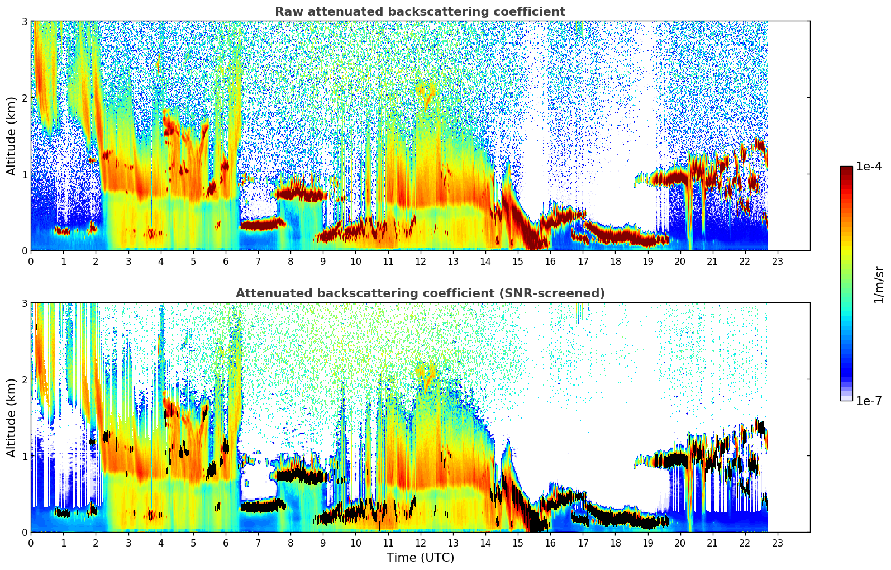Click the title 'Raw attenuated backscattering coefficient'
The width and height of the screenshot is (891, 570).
[420, 12]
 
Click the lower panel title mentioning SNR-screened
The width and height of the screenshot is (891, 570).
[420, 293]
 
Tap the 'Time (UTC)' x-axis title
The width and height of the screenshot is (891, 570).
[420, 557]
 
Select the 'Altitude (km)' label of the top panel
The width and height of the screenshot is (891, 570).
[11, 136]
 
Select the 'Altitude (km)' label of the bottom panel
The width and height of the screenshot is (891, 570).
[11, 417]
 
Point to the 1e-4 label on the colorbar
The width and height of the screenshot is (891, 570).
[869, 167]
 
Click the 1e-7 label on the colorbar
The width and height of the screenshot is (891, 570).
[869, 401]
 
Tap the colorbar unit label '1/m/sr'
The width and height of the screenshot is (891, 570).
[879, 284]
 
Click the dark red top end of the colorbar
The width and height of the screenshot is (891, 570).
[846, 168]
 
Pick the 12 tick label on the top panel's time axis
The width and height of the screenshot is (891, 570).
[420, 261]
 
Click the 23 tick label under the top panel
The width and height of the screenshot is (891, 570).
[778, 261]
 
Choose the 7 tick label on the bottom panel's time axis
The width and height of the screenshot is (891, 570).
[258, 543]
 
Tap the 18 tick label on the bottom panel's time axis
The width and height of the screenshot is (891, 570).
[615, 543]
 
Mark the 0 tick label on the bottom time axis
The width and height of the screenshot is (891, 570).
[31, 543]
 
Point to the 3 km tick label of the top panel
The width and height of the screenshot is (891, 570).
[24, 21]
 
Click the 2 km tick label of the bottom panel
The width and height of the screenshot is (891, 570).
[24, 379]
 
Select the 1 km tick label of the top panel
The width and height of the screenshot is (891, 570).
[24, 174]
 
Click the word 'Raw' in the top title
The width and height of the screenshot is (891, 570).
[287, 12]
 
